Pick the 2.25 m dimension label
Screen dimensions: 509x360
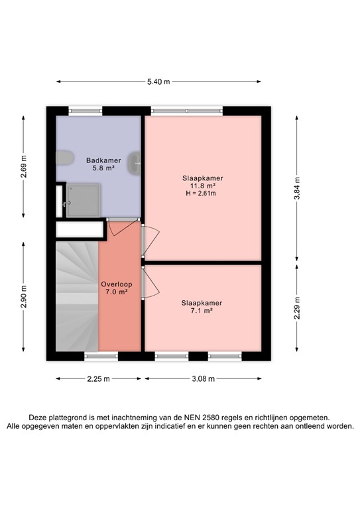[x=97, y=379]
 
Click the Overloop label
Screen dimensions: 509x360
[x=117, y=284]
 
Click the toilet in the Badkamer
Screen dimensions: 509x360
[x=64, y=158]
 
